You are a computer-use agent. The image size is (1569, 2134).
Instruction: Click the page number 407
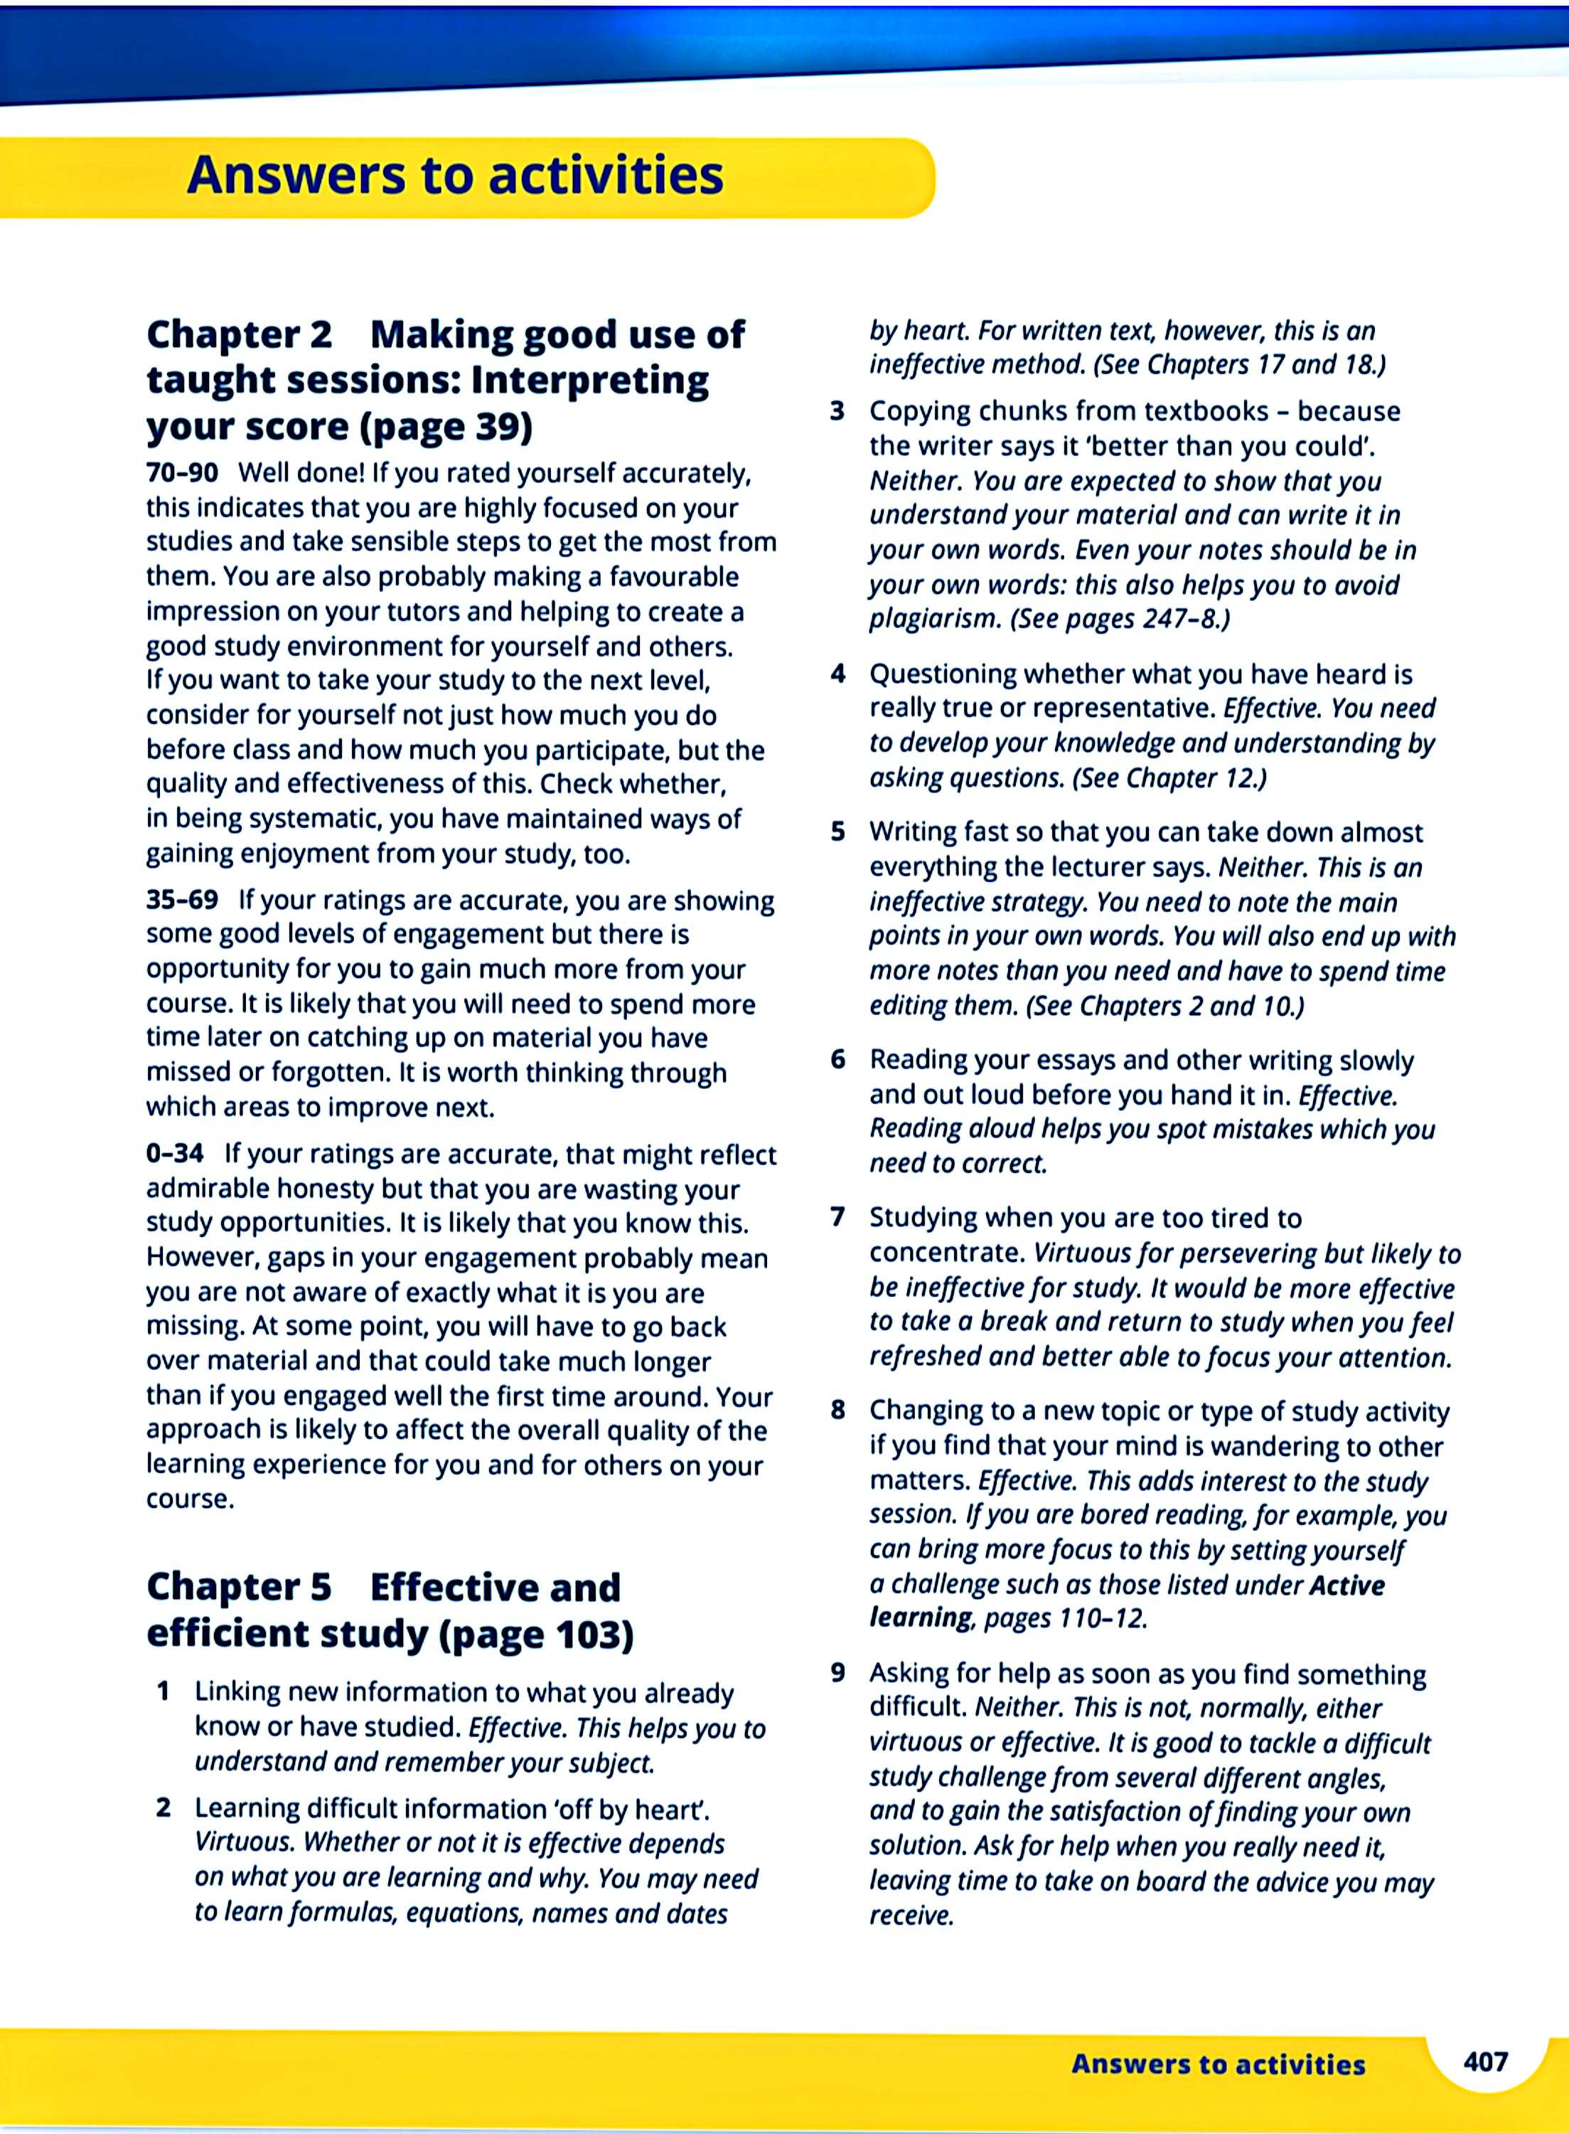pos(1485,2061)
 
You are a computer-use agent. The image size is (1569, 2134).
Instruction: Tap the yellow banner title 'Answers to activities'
pos(455,175)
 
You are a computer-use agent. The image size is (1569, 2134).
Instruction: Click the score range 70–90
pos(181,472)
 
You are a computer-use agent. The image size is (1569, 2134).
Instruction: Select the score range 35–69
pos(181,899)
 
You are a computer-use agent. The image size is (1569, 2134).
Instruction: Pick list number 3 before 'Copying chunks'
pos(837,411)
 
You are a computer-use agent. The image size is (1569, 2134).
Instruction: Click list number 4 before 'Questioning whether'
pos(837,674)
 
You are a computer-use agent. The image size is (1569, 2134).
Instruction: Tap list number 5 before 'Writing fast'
pos(837,832)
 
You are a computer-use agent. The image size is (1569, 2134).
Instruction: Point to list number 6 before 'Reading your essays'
pos(837,1059)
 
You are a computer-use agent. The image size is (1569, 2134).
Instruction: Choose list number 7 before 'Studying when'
pos(837,1217)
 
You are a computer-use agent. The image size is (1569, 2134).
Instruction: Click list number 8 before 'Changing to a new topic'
pos(837,1410)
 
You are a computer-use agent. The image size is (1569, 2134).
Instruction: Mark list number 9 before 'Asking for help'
pos(837,1672)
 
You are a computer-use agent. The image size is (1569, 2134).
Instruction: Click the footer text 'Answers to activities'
pos(1218,2064)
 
